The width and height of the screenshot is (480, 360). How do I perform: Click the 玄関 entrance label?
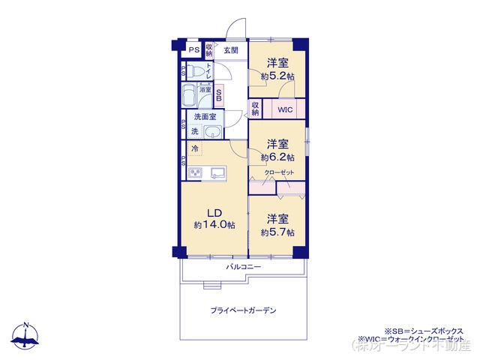231,50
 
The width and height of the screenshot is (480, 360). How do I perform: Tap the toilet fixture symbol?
196,72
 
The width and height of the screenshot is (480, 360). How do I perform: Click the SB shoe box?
219,95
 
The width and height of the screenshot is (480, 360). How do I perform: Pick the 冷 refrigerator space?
194,148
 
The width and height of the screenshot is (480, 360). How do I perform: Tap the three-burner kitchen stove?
195,174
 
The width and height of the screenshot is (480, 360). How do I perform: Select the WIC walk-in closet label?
284,109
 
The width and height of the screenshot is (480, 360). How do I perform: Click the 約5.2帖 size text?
277,76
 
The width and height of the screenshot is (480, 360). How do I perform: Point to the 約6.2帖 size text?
277,157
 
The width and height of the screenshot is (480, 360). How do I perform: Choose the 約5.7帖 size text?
277,232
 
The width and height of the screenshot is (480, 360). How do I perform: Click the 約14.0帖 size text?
214,225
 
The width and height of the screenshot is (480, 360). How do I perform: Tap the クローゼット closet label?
279,172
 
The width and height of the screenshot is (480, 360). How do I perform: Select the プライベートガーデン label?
243,310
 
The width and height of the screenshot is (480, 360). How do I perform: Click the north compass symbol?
26,337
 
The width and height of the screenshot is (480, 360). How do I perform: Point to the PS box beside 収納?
193,50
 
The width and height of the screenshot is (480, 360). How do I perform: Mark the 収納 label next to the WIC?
255,109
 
